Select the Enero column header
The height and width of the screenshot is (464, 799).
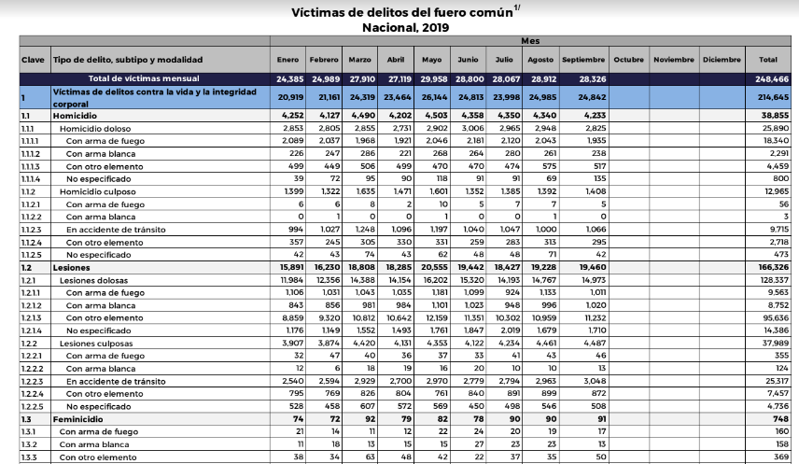(x=287, y=60)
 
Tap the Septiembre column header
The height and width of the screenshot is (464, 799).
(x=583, y=60)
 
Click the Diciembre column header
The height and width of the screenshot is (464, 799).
(x=722, y=60)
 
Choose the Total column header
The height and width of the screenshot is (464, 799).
(x=769, y=60)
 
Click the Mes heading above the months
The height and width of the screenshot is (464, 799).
(x=530, y=41)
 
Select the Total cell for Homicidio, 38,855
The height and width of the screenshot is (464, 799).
(x=772, y=116)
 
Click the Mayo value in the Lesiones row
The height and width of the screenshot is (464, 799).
(x=435, y=268)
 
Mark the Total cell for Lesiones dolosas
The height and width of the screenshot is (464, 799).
(x=771, y=279)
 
